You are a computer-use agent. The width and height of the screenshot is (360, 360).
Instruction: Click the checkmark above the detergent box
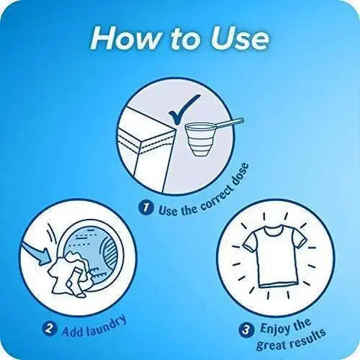coord(184,109)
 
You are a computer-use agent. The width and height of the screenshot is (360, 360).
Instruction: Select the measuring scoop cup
coord(200,139)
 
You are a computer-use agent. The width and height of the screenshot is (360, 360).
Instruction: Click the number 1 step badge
coord(146,208)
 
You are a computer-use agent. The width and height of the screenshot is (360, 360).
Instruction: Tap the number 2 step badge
coord(49,328)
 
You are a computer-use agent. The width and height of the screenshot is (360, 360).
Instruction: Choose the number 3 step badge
coord(246,330)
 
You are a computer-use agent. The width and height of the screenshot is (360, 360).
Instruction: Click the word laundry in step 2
coord(106,325)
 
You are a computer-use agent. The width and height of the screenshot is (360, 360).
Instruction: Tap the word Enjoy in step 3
coord(274,328)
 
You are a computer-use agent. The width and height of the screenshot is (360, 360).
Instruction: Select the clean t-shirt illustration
coord(274,256)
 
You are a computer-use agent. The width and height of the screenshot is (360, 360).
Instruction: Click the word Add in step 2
coord(72,331)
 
